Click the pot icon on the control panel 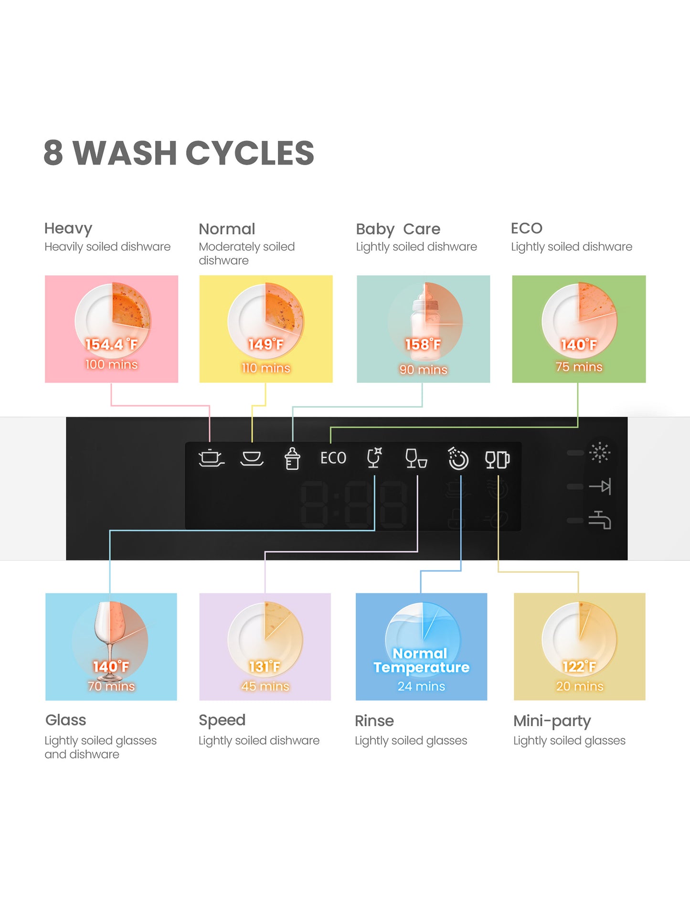coord(211,458)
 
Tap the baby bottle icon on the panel coord(292,459)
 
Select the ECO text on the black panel coord(333,458)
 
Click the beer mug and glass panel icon coord(497,460)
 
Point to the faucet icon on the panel coord(600,520)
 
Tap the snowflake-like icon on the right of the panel coord(600,452)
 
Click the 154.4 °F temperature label coord(111,344)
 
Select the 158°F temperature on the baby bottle coord(423,344)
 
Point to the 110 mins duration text coord(266,368)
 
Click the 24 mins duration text coord(421,686)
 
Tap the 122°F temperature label coord(579,666)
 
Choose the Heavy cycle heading coord(68,229)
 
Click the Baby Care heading coord(398,229)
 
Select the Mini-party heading coord(552,721)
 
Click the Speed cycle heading coord(222,720)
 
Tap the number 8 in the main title coord(53,153)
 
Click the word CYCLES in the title coord(250,153)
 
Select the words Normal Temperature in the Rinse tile coord(421,660)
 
